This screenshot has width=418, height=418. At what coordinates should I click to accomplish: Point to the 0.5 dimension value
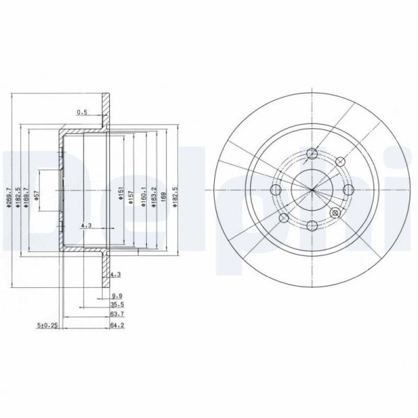[x=83, y=112]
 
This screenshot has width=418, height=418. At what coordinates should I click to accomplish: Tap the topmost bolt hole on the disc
[x=312, y=154]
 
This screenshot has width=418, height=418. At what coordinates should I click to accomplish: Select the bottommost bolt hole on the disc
[x=312, y=225]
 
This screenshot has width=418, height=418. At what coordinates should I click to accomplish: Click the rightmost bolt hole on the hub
[x=348, y=190]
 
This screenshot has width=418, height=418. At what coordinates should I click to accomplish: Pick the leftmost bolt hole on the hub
[x=276, y=190]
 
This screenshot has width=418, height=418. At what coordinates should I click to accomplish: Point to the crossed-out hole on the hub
[x=335, y=214]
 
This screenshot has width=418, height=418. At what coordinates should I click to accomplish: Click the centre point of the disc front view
[x=312, y=190]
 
